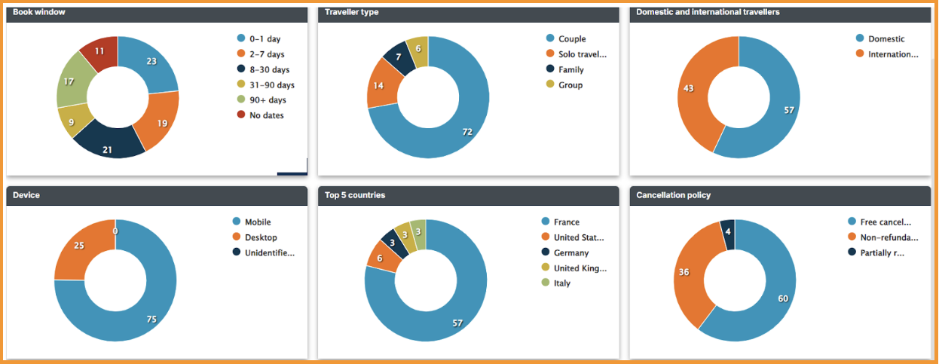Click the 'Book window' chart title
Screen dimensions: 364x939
click(38, 12)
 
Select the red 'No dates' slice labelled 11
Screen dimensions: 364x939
click(100, 51)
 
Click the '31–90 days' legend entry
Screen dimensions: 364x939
click(271, 84)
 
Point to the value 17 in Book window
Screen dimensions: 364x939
click(69, 81)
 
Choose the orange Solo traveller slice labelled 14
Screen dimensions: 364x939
click(379, 85)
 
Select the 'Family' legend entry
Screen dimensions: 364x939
click(570, 69)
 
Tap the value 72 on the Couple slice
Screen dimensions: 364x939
click(467, 132)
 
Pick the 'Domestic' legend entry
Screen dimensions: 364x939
click(885, 38)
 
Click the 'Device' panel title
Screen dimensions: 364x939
click(26, 195)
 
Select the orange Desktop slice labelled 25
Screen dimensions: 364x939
click(78, 246)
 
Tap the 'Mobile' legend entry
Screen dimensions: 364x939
click(257, 222)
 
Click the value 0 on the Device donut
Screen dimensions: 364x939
click(115, 231)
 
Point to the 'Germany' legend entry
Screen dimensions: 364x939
click(570, 253)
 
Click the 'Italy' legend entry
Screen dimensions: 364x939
click(561, 283)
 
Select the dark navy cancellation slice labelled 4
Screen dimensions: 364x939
click(726, 231)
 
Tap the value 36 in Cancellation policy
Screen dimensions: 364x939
click(684, 272)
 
